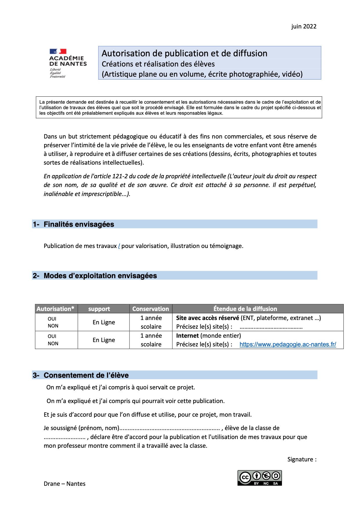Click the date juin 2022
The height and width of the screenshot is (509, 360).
(304, 26)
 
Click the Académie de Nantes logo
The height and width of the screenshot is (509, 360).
(68, 63)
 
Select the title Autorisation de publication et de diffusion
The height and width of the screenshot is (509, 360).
(184, 53)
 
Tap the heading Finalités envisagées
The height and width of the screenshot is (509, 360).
(79, 224)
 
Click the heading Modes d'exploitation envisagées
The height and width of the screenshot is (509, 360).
(100, 276)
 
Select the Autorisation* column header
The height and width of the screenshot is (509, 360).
(55, 309)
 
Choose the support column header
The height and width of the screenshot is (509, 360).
(99, 309)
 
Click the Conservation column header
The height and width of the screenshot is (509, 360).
(150, 309)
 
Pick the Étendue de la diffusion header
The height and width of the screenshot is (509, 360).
(245, 309)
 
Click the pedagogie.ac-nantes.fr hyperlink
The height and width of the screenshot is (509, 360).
(288, 344)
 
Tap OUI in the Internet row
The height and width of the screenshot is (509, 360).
(52, 336)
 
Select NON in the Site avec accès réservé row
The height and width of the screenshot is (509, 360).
(53, 326)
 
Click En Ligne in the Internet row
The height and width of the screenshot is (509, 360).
(104, 340)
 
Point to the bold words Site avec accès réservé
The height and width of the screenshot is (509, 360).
(207, 318)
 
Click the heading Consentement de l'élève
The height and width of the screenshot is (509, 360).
(86, 375)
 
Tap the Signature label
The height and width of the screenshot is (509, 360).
(302, 459)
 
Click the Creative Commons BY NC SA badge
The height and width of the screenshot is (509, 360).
(260, 478)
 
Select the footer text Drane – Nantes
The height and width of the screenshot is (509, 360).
(64, 484)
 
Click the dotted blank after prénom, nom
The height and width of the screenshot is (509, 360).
(170, 429)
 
